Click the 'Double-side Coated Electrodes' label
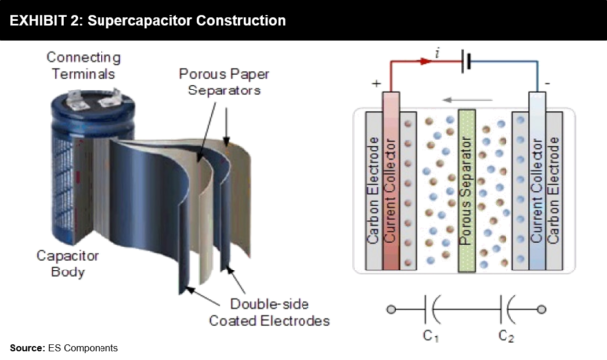click(269, 312)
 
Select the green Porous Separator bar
click(465, 189)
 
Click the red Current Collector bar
click(389, 184)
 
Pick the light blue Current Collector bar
click(538, 184)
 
